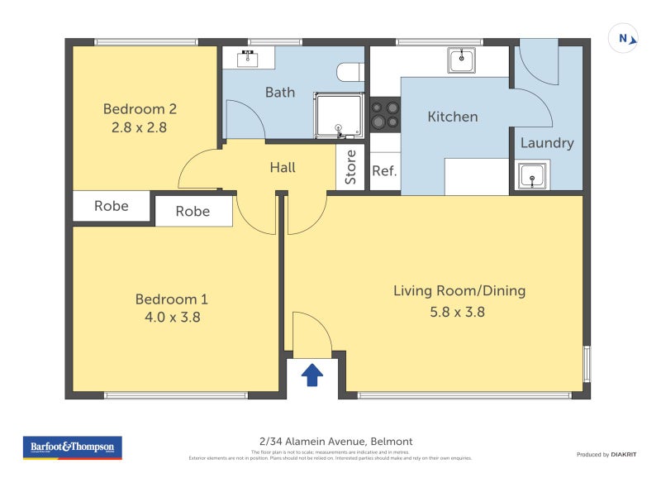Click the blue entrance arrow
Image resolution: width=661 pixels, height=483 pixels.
click(x=311, y=375)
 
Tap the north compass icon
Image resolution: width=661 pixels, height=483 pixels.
click(x=624, y=38)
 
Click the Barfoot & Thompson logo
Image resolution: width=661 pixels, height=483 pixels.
click(x=73, y=447)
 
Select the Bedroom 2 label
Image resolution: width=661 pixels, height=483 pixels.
click(x=140, y=108)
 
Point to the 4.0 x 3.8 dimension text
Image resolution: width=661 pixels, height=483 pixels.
click(x=169, y=316)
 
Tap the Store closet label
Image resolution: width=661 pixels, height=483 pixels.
click(x=350, y=167)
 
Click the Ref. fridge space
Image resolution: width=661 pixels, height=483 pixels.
click(x=384, y=172)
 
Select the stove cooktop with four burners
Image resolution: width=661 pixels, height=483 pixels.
click(x=384, y=114)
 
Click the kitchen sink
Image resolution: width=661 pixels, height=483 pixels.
click(x=461, y=60)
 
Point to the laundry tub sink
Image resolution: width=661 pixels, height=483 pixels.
click(x=530, y=175)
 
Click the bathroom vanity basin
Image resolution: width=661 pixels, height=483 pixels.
click(x=248, y=58)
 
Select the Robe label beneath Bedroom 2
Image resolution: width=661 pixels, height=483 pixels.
click(x=111, y=206)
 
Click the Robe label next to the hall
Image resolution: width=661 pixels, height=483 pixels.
click(x=193, y=212)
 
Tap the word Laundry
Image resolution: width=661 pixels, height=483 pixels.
click(x=546, y=143)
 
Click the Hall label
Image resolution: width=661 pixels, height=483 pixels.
click(x=283, y=168)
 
